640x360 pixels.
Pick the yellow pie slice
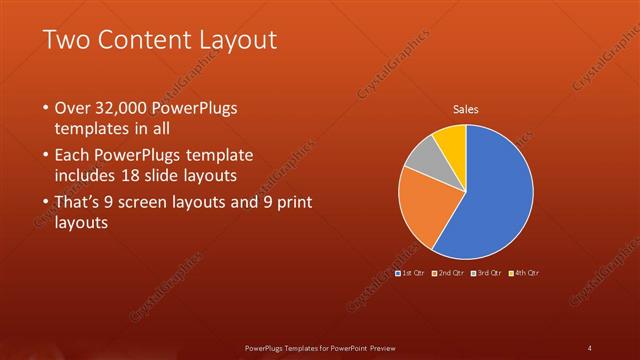[x=452, y=140]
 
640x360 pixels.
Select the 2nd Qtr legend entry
[x=449, y=272]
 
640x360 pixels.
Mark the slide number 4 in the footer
[x=590, y=348]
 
